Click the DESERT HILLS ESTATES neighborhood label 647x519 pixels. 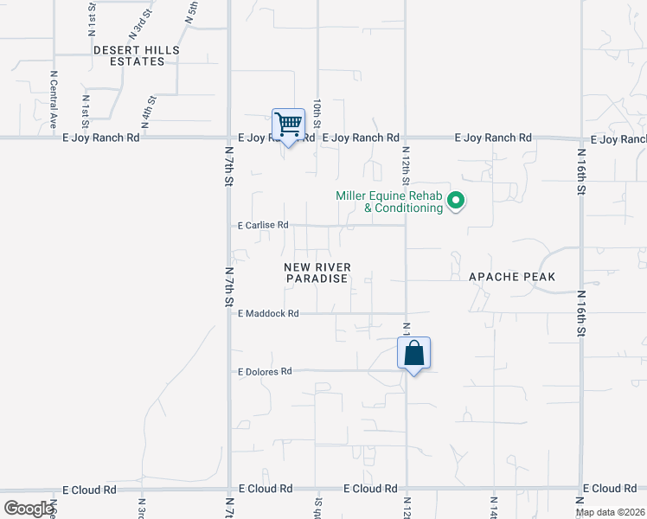tap(137, 56)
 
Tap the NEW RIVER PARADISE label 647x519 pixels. tap(317, 272)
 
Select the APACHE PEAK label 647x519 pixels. tap(511, 277)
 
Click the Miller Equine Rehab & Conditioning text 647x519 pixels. tap(389, 202)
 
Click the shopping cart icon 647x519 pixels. tap(288, 125)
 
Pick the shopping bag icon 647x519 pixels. tap(414, 353)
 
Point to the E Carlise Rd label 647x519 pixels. tap(262, 225)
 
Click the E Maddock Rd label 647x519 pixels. tap(267, 313)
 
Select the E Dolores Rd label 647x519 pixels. tap(265, 371)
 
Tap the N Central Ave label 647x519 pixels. tap(53, 99)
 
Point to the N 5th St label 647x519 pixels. tap(192, 11)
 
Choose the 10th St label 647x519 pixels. tap(318, 113)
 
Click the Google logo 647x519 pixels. tap(29, 509)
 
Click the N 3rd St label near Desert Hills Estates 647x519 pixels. tap(139, 22)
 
